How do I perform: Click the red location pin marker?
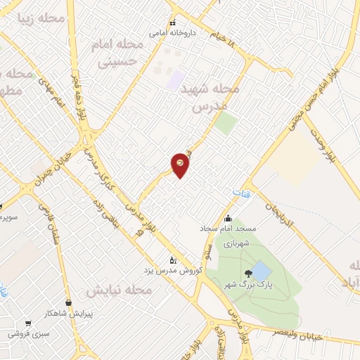tap(181, 165)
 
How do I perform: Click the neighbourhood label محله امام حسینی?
tap(117, 53)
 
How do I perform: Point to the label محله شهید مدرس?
tap(210, 98)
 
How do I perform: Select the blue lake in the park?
tap(260, 271)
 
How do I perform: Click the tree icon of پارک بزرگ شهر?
tap(248, 273)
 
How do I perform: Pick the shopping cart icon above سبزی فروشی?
tap(28, 324)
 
